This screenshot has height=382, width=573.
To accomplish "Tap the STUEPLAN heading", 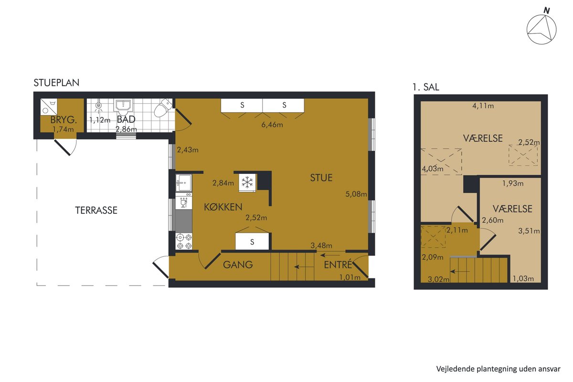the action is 56,83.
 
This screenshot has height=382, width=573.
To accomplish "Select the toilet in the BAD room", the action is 163,108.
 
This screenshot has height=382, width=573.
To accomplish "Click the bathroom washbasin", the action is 123,107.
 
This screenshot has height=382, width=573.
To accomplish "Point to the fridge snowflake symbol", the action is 247,182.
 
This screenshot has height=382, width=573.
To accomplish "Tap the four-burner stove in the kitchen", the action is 184,241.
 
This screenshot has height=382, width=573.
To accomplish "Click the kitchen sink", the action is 184,183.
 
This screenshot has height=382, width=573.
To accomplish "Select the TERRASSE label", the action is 96,210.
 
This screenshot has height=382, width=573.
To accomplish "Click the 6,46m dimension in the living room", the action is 272,125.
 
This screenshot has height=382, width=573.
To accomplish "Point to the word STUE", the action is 321,178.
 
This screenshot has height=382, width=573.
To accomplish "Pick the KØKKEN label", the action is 223,207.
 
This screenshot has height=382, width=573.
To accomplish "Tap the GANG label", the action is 238,265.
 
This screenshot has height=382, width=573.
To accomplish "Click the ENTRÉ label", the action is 338,265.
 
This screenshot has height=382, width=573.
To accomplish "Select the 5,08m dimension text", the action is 356,194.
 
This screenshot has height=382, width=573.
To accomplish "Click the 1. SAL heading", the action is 426,87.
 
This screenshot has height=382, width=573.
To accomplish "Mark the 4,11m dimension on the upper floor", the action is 483,106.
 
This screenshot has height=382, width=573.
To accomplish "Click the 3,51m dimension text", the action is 529,231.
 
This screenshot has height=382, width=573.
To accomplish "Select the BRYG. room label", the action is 64,120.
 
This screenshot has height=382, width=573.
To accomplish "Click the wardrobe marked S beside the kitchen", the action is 252,242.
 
